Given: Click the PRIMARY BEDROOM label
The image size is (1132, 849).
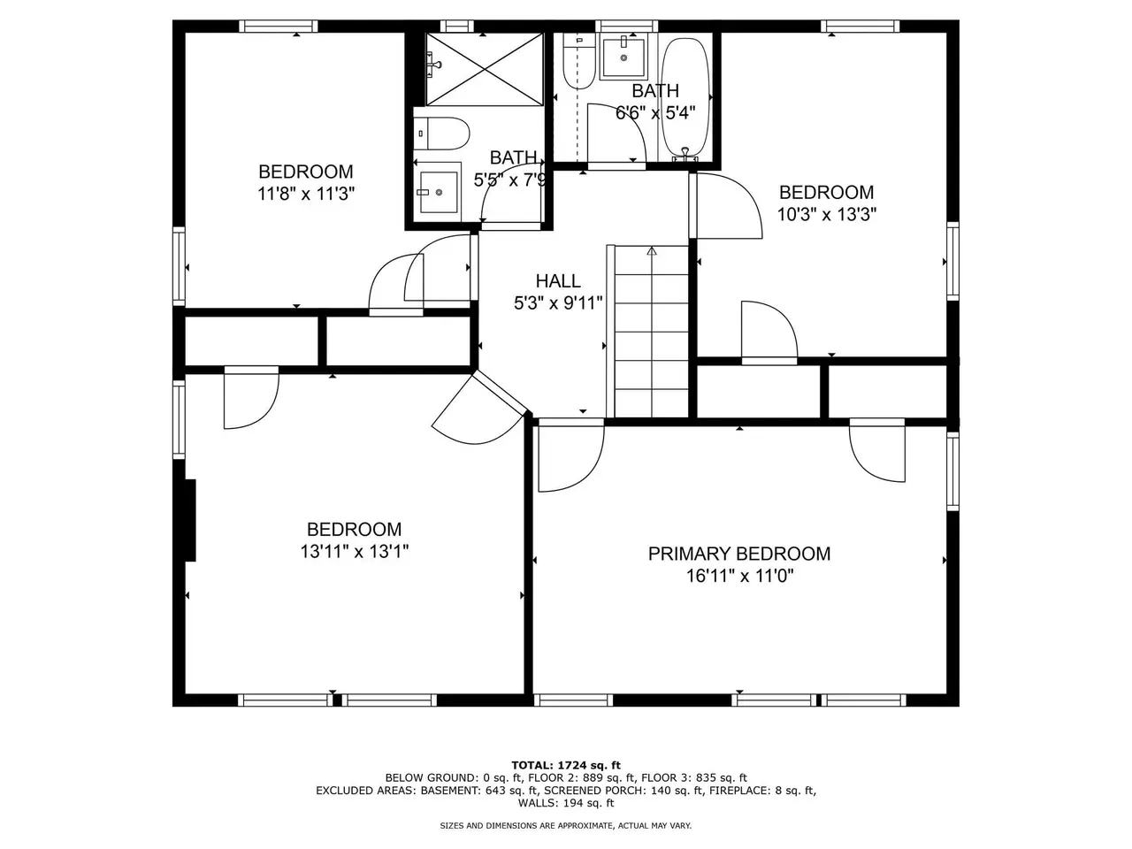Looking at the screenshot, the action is [738, 555].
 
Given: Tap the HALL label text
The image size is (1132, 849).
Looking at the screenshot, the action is [558, 281].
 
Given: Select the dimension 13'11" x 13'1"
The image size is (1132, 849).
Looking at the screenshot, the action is [355, 552].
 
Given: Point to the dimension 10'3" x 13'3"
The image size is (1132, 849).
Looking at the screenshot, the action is [826, 214].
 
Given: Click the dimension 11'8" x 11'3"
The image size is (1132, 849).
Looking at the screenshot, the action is [306, 194].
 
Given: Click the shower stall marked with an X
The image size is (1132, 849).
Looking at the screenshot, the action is [484, 70].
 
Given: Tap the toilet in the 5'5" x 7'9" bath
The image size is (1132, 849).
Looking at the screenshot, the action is [441, 134].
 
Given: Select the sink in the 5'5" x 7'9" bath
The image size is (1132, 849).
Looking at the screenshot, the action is [439, 192].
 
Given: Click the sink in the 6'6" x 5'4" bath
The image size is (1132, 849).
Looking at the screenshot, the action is [623, 57].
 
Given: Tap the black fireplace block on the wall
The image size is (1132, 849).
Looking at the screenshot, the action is [190, 520].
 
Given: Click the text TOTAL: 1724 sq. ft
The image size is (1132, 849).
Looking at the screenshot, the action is [566, 766].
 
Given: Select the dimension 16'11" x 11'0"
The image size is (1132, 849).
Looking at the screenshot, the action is [739, 576].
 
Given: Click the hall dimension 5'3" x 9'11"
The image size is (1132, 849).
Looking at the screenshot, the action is [558, 303].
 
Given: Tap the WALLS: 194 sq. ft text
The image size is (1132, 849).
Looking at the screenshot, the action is [566, 803].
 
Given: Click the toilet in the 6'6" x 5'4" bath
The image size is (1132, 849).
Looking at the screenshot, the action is [579, 62].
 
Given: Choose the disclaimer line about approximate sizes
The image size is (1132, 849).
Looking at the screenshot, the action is [565, 826].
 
